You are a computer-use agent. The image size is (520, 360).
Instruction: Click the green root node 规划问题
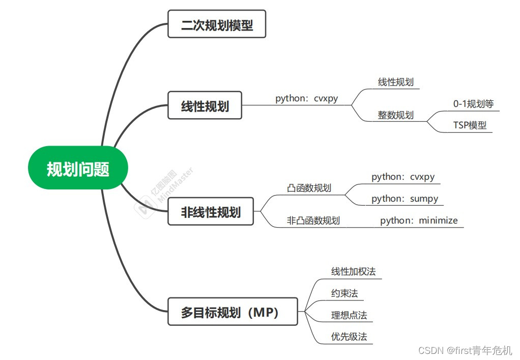click(x=78, y=168)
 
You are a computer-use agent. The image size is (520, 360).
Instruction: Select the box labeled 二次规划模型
click(x=217, y=24)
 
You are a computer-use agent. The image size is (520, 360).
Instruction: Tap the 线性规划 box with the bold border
click(x=205, y=105)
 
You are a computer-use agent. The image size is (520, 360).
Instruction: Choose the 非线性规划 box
click(x=211, y=211)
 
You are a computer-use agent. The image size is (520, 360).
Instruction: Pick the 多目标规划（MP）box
click(x=233, y=312)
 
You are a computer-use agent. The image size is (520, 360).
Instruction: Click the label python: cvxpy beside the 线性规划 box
click(x=306, y=98)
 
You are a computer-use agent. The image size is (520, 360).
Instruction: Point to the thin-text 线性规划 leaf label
click(x=395, y=82)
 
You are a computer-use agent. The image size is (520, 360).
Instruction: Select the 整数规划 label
click(x=395, y=115)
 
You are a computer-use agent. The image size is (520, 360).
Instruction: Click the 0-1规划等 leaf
click(x=473, y=104)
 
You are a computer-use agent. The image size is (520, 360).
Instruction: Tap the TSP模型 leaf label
click(x=470, y=125)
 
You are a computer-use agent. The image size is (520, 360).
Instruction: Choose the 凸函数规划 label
click(x=309, y=188)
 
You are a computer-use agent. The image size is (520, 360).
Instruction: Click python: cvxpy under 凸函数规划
click(x=403, y=177)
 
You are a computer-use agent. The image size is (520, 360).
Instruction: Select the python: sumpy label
click(x=405, y=199)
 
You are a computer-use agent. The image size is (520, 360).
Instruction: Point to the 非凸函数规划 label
click(x=313, y=220)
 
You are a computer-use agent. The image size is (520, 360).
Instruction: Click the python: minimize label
click(x=419, y=220)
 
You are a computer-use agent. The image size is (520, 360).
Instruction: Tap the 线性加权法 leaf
click(x=353, y=271)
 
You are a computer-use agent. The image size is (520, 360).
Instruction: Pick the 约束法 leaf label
click(x=344, y=293)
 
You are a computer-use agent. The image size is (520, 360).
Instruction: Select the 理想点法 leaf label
click(x=349, y=315)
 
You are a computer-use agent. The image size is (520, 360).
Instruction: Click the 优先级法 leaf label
click(x=349, y=337)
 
